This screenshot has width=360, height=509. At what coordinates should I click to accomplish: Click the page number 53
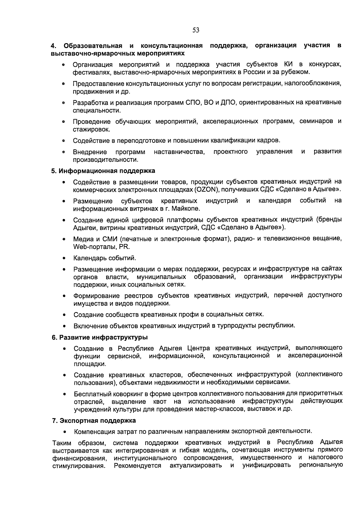click(x=196, y=30)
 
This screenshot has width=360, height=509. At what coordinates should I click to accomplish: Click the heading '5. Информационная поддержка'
click(x=103, y=171)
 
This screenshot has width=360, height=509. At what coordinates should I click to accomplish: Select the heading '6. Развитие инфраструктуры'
click(x=100, y=337)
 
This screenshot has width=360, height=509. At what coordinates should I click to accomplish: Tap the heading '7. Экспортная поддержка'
click(x=94, y=421)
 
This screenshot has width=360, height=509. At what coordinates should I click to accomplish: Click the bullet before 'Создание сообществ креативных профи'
click(x=64, y=315)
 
